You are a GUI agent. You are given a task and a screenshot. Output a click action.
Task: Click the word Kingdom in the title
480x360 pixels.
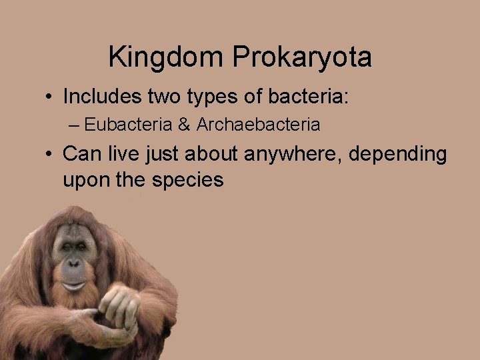point(167,57)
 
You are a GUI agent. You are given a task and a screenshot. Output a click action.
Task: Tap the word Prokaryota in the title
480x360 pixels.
point(302,57)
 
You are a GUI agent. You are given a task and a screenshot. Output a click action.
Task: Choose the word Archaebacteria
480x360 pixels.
point(258,125)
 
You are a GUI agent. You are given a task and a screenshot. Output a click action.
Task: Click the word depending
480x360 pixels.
point(399,154)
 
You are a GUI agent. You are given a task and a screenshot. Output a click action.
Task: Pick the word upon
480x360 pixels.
point(85,180)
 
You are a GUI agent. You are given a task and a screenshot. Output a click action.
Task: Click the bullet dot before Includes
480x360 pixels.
point(50,97)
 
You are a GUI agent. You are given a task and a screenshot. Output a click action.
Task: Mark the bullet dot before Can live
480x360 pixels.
point(50,155)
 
